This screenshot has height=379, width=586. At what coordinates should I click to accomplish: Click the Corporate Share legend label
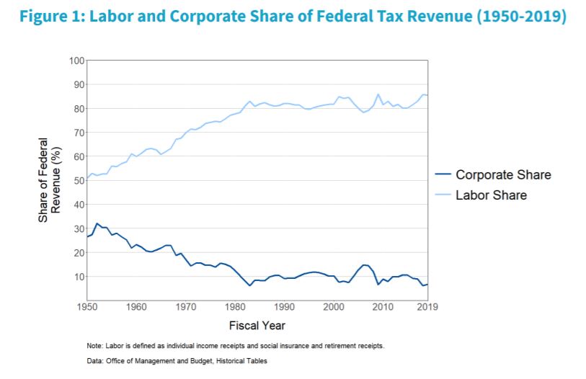click(503, 175)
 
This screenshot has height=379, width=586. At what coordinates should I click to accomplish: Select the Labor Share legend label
click(491, 195)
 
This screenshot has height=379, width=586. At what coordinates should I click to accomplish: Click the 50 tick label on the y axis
click(79, 180)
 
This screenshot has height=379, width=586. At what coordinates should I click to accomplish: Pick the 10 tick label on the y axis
click(79, 277)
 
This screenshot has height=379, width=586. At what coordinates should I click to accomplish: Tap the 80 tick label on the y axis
click(79, 108)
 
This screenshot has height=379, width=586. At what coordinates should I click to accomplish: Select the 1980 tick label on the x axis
click(235, 307)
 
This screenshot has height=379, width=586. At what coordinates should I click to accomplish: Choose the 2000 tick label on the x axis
click(333, 307)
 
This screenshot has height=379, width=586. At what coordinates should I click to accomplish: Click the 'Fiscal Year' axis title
click(257, 325)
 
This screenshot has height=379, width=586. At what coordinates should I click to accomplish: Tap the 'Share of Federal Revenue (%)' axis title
click(50, 180)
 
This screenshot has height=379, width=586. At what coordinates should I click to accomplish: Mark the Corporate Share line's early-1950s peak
click(97, 223)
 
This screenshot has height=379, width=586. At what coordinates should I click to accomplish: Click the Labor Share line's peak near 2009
click(378, 94)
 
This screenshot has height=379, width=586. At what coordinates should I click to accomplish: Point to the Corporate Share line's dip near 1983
click(250, 285)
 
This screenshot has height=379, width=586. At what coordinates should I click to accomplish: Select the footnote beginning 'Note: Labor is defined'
click(235, 346)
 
